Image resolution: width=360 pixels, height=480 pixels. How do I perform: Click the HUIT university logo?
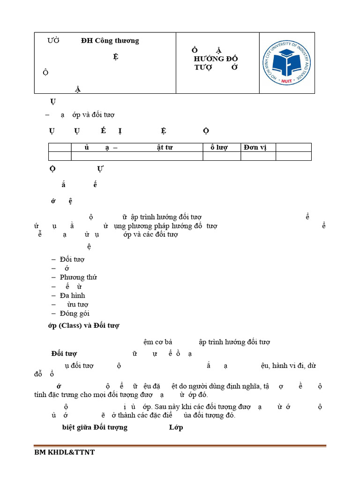[x=287, y=63]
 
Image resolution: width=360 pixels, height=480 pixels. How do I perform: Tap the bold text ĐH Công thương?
[x=110, y=41]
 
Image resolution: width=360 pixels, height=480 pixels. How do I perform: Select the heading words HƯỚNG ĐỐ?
[x=216, y=59]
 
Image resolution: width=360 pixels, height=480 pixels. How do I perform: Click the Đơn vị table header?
[x=255, y=148]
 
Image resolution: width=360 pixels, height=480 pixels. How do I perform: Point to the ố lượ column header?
[x=218, y=148]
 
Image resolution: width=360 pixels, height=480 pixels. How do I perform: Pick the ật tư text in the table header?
[x=165, y=148]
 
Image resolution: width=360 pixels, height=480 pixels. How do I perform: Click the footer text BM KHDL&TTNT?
[x=64, y=453]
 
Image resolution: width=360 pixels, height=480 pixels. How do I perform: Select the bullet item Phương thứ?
[x=78, y=277]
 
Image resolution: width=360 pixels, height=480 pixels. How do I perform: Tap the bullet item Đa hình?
[x=72, y=296]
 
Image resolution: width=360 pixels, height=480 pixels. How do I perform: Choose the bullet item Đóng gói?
[x=75, y=314]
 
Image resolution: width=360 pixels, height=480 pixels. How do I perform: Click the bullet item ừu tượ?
[x=77, y=305]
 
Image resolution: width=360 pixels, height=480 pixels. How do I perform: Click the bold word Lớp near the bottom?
[x=176, y=427]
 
